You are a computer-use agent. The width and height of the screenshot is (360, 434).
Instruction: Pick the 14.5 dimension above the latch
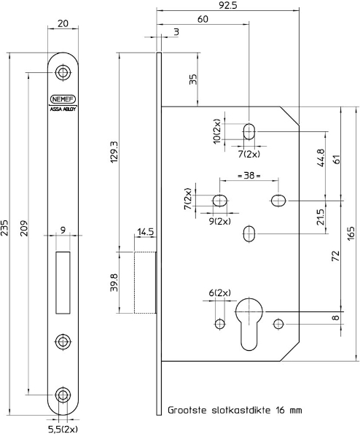coord(144,232)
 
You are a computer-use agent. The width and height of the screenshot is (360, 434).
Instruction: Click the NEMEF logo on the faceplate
coord(63,98)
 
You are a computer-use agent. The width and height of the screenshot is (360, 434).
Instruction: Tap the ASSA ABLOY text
coord(63,107)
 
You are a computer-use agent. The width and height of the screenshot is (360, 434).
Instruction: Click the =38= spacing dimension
coord(249,176)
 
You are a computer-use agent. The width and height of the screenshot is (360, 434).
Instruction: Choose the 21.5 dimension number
coord(321,217)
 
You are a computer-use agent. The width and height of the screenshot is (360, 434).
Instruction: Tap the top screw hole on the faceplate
coord(64,72)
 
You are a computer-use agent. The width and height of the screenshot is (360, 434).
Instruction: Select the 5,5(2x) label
coord(63,428)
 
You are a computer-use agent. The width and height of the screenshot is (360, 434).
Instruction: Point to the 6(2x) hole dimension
coord(219,292)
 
